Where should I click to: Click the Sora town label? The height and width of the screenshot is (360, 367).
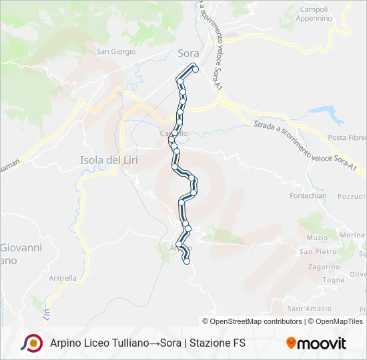pos(189,53)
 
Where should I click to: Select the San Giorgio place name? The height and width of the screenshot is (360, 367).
pos(116,51)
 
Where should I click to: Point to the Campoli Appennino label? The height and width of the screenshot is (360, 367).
pos(316,14)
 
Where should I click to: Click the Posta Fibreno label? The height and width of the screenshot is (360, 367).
pos(347,138)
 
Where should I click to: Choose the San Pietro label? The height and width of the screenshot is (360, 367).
pos(317,251)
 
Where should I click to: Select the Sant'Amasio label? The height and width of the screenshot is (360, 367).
pos(310,309)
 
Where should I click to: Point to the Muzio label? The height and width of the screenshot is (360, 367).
pos(317,237)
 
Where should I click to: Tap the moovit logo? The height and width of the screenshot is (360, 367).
pos(316,343)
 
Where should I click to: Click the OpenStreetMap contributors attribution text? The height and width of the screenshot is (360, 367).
pos(256,321)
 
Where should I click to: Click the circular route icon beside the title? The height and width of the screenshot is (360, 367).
pos(31,343)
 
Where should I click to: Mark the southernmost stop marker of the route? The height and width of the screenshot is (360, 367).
pos(187,261)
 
